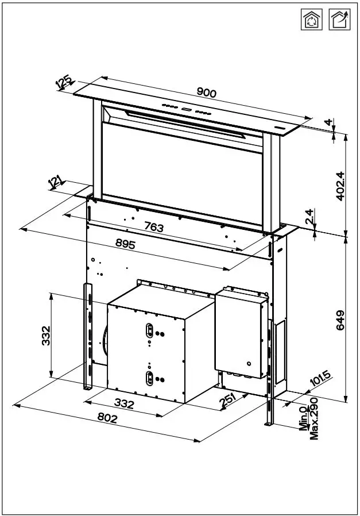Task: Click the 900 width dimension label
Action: point(206,92)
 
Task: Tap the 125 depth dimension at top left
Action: point(65,82)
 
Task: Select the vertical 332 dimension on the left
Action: point(46,336)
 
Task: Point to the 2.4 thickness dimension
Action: point(309,217)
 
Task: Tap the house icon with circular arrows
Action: point(312,20)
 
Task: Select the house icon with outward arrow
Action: point(339,20)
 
